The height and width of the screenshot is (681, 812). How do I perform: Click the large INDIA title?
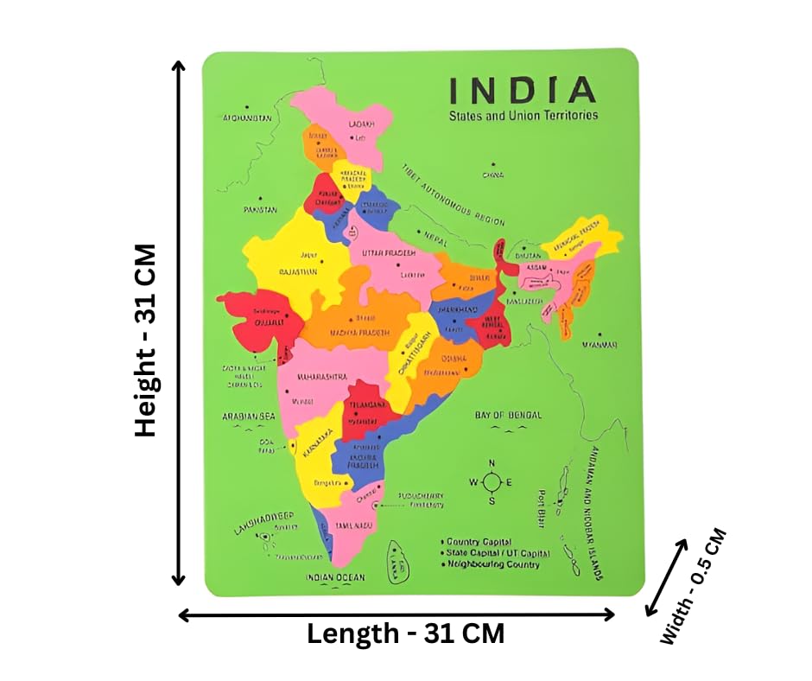coord(522,90)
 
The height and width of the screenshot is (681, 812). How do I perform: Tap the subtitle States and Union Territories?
coord(523,115)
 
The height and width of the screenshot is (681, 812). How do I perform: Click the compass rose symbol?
coord(491,481)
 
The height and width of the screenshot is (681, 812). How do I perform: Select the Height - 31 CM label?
coord(145,340)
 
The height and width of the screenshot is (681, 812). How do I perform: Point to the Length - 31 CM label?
coord(405,633)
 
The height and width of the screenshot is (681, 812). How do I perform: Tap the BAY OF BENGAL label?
coord(508,416)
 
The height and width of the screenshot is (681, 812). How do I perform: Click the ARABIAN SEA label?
coord(248,417)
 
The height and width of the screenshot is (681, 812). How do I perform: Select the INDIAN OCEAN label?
coord(335,577)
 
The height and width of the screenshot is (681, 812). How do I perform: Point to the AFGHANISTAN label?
coord(247,118)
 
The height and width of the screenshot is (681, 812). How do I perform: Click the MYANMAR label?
coord(599,344)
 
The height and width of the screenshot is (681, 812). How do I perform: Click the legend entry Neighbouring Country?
coord(492,564)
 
